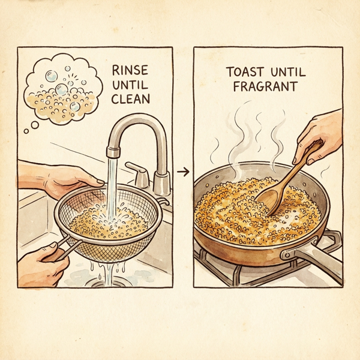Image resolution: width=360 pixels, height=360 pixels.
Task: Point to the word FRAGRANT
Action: tap(262, 86)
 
